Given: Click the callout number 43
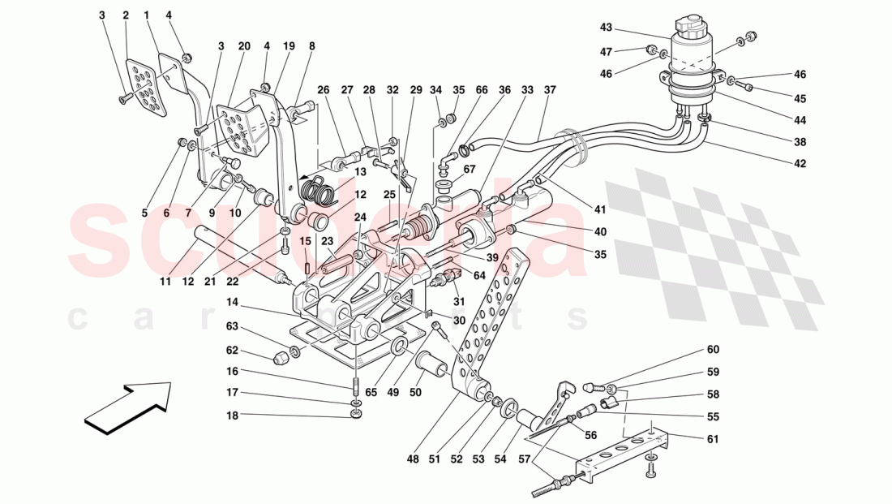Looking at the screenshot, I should [606, 28].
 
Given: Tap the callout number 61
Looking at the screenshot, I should [712, 439].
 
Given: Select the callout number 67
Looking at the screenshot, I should [469, 170].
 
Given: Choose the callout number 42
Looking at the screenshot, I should [800, 162].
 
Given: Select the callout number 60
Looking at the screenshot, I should [712, 351].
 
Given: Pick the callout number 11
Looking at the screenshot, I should [165, 282].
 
